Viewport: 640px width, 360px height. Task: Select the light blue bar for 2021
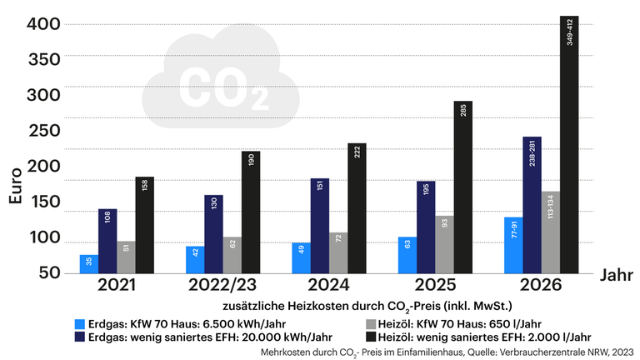pos(89,263)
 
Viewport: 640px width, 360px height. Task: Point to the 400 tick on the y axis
pos(38,24)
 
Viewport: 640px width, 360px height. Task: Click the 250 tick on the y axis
pos(38,131)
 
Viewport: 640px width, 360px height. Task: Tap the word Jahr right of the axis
pos(617,274)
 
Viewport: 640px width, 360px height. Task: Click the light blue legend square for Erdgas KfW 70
pos(79,324)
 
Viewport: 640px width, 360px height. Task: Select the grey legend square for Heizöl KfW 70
pos(371,324)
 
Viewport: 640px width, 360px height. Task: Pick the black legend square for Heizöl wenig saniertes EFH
pos(371,337)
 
